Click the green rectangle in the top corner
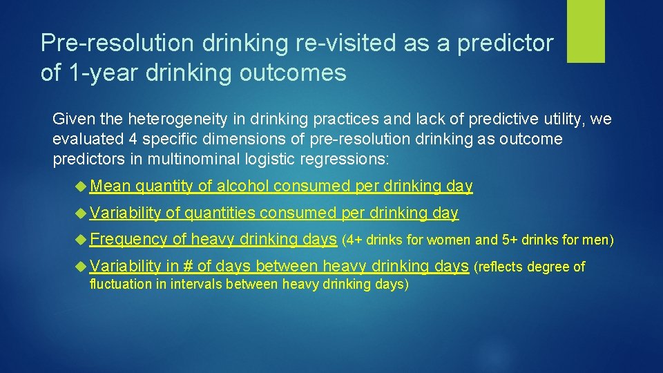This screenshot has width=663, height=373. [586, 30]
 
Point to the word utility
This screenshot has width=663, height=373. [559, 119]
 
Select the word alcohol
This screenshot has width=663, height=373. [243, 186]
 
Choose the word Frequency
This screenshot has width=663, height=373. [128, 240]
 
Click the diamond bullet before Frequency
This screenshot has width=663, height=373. [81, 240]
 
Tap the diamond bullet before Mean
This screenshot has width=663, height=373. [81, 186]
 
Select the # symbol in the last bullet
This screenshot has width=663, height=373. [189, 266]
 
